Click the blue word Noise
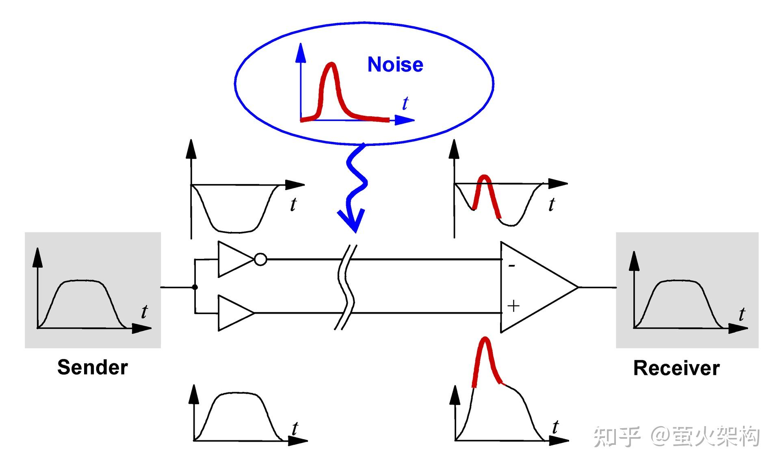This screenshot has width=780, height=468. click(x=395, y=65)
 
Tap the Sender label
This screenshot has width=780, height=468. click(x=93, y=367)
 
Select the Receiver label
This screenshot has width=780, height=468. click(x=676, y=368)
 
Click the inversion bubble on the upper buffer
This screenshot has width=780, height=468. click(x=261, y=259)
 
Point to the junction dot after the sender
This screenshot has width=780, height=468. click(x=195, y=287)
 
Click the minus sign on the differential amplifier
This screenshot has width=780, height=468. click(x=512, y=266)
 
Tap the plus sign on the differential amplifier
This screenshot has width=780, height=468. click(x=513, y=305)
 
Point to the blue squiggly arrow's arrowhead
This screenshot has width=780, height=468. click(x=352, y=221)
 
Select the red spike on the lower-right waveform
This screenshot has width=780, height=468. click(x=486, y=362)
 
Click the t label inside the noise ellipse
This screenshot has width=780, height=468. click(x=405, y=103)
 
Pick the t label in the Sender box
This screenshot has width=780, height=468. click(x=144, y=312)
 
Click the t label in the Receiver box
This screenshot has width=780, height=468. click(x=742, y=314)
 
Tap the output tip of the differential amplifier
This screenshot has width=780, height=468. click(x=578, y=287)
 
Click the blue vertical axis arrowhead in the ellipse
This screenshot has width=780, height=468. click(x=301, y=53)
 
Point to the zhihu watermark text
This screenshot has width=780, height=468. click(x=676, y=437)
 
